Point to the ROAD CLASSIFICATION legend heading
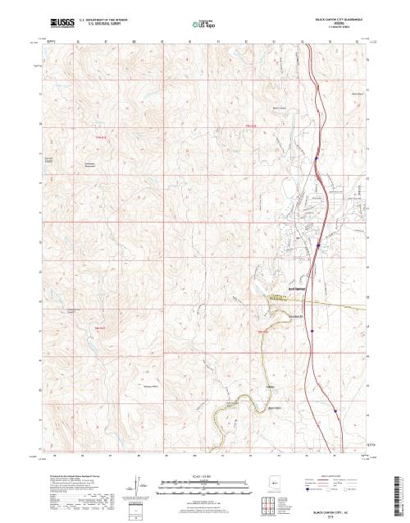click(x=331, y=475)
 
